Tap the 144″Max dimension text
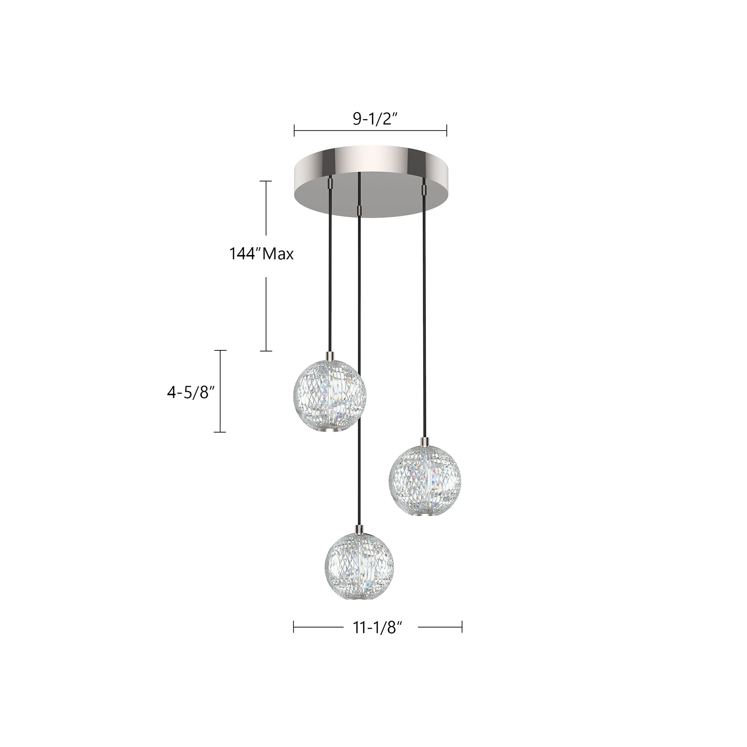coord(261,254)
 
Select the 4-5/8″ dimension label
coord(190,393)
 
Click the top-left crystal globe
coord(329,394)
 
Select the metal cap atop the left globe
coord(330,355)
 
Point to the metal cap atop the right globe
coord(425,441)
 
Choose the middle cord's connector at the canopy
coord(359,210)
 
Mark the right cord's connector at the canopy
coord(424,190)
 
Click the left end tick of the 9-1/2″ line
coord(294,130)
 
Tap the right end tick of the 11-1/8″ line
coord(462,627)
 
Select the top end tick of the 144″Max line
coord(266,181)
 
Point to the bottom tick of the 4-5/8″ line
coord(220,432)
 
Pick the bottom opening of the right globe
coord(425,516)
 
